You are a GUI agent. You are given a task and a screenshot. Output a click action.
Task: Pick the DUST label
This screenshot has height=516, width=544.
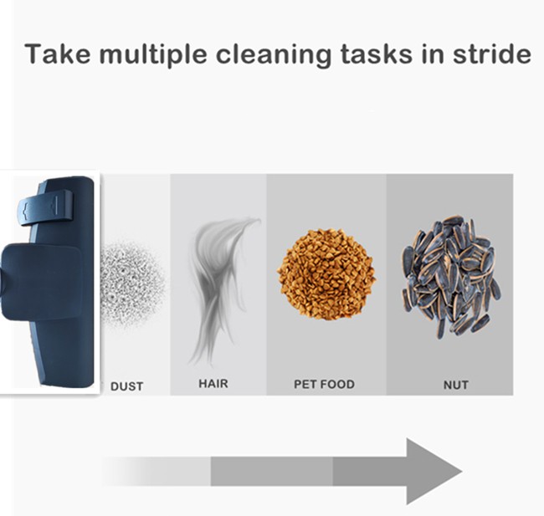pos(126,386)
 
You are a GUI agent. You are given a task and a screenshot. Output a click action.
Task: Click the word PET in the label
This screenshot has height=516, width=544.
pos(305,385)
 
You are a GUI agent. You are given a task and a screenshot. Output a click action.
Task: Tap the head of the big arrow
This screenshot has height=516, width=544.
pos(432,472)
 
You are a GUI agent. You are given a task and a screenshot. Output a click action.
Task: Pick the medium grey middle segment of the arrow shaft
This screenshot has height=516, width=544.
pos(271,472)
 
